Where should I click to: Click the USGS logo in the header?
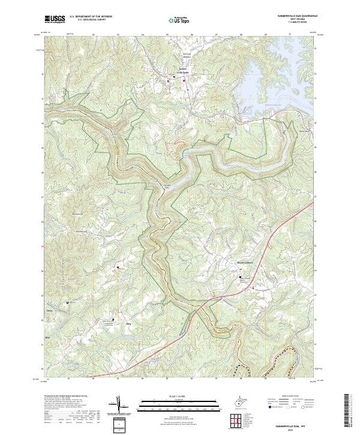54,19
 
